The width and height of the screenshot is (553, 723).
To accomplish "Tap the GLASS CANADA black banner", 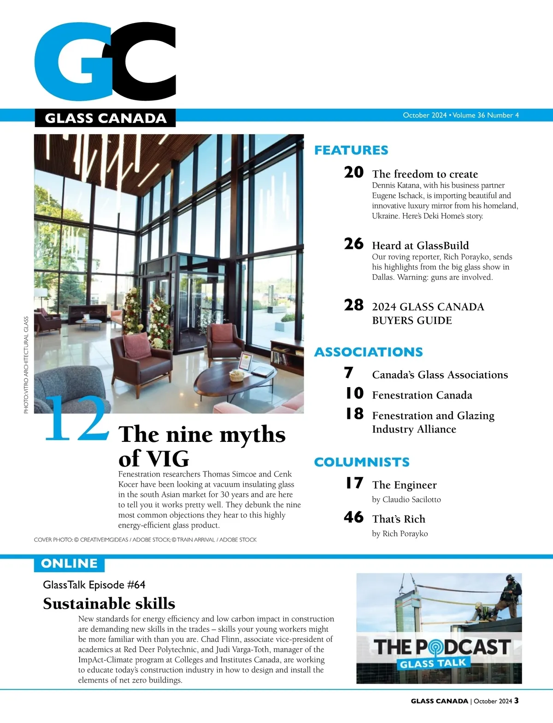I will pos(105,118).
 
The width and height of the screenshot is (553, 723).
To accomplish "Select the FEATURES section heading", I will pos(351,150).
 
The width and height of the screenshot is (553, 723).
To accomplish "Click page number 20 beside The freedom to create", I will pos(353,172).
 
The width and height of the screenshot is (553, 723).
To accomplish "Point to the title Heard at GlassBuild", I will pos(420,246).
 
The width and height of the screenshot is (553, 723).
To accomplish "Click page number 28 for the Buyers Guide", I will pos(353,305).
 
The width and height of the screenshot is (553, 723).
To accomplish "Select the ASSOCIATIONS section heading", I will pos(368,352).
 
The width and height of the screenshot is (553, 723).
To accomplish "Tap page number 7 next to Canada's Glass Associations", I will pos(349,373).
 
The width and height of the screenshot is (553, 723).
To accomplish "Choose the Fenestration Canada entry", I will pos(422,395).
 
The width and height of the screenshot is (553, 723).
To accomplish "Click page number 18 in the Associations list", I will pos(354,414).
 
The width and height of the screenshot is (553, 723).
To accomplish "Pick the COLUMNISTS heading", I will pos(362,462).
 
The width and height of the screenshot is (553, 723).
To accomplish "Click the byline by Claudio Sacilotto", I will pos(406,500).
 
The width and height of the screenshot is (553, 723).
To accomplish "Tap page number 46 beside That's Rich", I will pos(353,517).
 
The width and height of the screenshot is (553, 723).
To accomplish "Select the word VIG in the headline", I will pos(167,459).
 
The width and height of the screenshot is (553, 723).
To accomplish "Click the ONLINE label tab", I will pos(69,564).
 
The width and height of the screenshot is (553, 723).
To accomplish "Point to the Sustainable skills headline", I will pos(109,604).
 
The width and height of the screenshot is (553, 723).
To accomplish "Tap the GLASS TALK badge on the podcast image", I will pos(433,664).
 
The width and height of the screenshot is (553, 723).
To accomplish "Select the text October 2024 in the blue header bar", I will pos(424,115).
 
